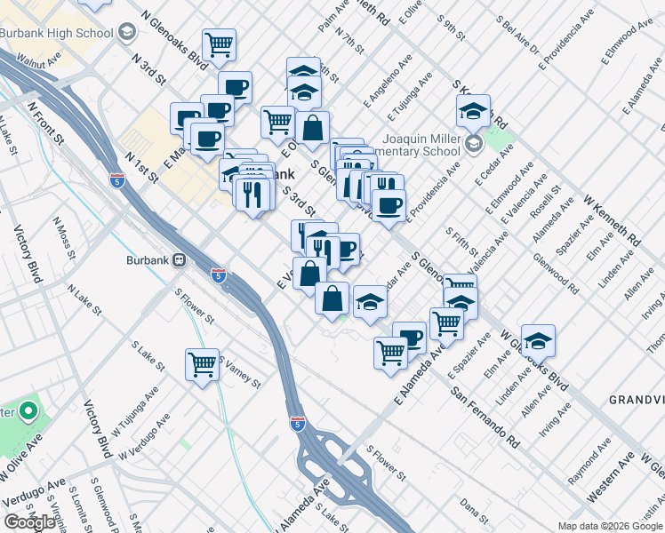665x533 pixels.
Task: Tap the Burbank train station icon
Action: click(x=180, y=260)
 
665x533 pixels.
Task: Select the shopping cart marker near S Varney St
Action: click(x=203, y=363)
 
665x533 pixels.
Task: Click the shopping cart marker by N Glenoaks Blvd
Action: click(x=218, y=44)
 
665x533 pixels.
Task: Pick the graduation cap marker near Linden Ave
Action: click(x=537, y=340)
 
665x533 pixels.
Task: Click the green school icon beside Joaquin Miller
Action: click(x=473, y=142)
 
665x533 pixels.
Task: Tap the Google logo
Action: click(x=30, y=522)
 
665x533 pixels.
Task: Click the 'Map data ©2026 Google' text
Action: click(x=610, y=526)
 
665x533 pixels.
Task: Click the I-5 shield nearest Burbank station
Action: click(x=218, y=275)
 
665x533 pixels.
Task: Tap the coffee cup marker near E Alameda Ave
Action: click(x=409, y=338)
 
